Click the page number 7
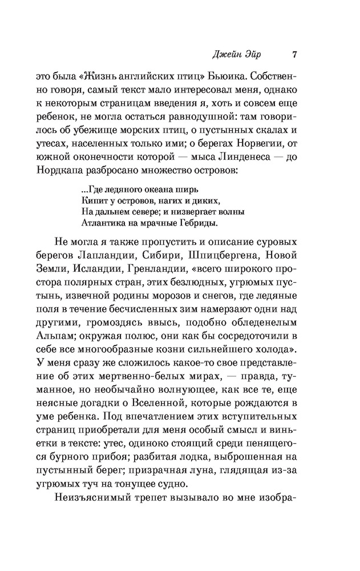tap(294, 55)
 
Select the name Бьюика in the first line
tap(229, 76)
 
